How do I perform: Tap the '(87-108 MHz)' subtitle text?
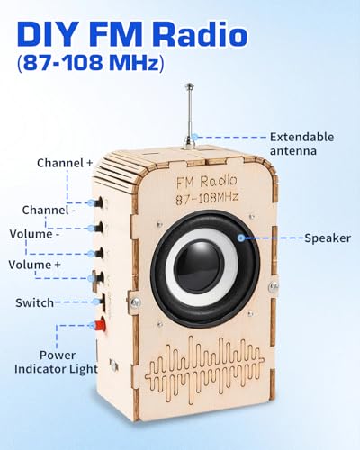(91, 63)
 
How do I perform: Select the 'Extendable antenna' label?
(301, 144)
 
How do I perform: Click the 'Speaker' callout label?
(328, 238)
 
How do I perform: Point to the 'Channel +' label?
(65, 163)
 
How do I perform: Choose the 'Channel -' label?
(49, 210)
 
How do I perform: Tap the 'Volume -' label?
(34, 234)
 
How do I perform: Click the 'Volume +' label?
(34, 265)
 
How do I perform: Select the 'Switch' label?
(34, 302)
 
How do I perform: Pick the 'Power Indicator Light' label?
(57, 362)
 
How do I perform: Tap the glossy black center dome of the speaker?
(199, 264)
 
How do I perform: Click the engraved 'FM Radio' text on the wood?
(207, 181)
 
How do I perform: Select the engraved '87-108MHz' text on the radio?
(207, 198)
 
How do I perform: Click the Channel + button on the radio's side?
(99, 202)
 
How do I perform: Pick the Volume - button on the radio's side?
(99, 254)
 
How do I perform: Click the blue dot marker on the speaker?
(241, 238)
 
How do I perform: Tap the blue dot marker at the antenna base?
(195, 138)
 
